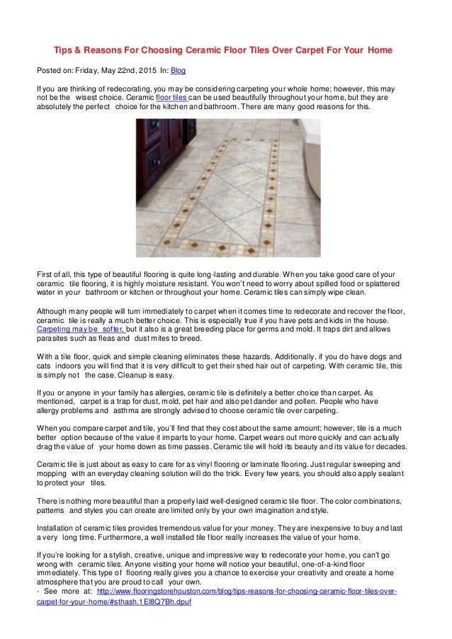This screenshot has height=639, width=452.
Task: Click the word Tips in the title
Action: pyautogui.click(x=65, y=51)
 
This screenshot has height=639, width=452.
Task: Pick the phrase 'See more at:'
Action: pyautogui.click(x=66, y=590)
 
